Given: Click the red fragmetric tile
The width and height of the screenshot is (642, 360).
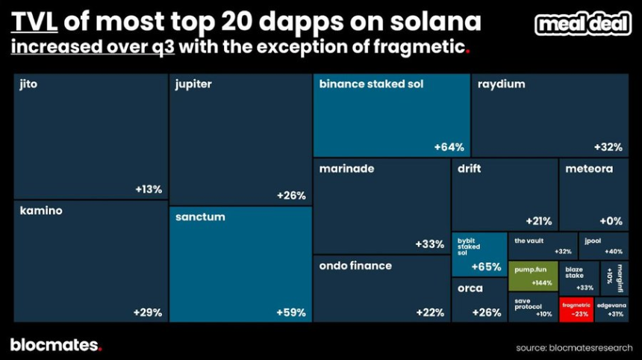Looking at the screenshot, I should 576,309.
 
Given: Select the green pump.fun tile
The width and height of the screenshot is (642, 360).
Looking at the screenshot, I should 533,276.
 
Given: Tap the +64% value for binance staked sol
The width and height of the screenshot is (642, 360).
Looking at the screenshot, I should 449,147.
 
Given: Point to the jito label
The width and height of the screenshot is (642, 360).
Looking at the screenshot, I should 28,84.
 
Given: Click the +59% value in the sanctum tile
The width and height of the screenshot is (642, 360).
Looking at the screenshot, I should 291,312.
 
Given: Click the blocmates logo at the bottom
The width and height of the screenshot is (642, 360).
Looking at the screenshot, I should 55,345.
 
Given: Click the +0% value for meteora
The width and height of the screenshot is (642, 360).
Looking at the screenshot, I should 611,221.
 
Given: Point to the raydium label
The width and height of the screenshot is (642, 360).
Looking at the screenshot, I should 501,84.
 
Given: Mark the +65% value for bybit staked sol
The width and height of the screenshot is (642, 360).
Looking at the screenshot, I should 486,267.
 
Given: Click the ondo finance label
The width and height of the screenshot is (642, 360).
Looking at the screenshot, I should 355,265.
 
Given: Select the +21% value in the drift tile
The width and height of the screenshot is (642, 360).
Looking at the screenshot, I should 538,221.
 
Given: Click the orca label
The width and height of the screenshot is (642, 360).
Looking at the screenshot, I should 470,288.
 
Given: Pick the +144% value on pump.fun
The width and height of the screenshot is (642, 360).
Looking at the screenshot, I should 542,283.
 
